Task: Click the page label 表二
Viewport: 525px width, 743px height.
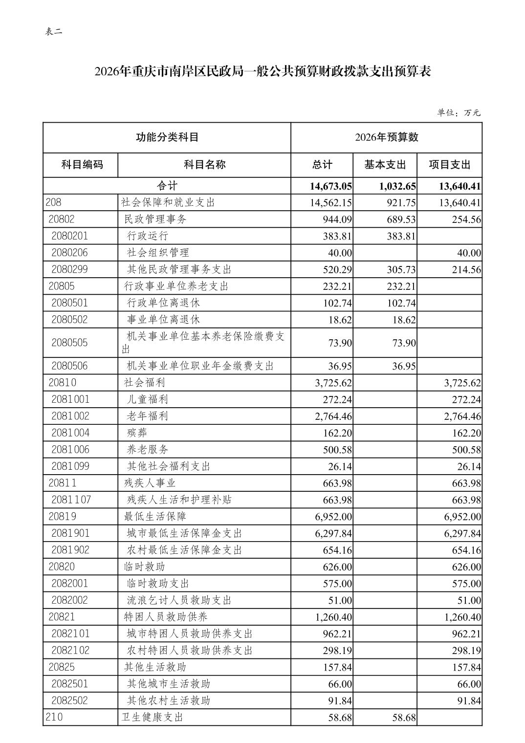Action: pos(54,32)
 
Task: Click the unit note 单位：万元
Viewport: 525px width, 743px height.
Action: pos(459,113)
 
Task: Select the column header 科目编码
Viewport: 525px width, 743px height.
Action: pos(82,165)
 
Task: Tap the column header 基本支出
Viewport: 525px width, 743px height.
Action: pos(385,165)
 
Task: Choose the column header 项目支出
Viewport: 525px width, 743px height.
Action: pos(449,165)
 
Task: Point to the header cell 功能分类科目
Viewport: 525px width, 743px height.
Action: pos(167,137)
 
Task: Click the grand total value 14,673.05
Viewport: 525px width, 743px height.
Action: pos(331,186)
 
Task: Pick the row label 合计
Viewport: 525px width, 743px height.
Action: pos(167,186)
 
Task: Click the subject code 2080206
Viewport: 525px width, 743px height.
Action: pos(69,253)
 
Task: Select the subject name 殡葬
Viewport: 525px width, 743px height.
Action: pos(137,433)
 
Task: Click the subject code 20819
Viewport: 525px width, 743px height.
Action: pos(63,517)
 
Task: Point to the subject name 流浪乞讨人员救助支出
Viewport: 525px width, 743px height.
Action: pos(179,600)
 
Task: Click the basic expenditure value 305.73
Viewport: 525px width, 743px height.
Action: pos(401,270)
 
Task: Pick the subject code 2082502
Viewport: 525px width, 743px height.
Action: pos(69,700)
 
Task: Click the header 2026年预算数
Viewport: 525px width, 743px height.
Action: pos(386,137)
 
